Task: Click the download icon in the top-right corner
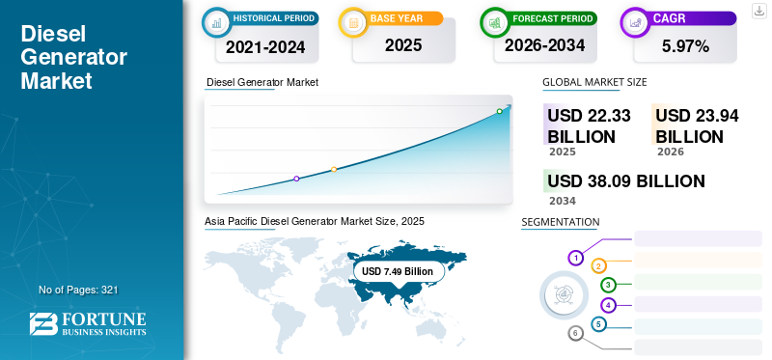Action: point(759,11)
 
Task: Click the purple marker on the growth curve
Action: point(296,179)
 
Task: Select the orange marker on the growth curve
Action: point(334,169)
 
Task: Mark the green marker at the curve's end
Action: point(499,112)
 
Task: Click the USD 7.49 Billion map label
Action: point(398,271)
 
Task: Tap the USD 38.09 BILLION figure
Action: point(625,181)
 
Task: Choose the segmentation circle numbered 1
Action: point(575,258)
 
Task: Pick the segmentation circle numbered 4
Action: point(608,305)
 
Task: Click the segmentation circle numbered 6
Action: point(575,334)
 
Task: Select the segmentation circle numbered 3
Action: point(608,285)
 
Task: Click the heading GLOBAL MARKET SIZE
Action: point(594,82)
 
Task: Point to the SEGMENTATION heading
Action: point(560,222)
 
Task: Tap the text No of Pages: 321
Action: point(78,290)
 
